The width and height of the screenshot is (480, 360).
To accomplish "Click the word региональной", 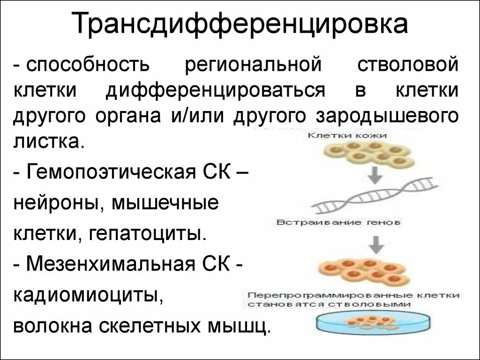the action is pos(254,65).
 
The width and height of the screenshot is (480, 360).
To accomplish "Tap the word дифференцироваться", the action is pos(215,90).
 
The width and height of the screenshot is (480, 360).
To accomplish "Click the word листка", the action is pos(49,141).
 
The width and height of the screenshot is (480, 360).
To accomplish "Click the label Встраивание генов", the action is pos(338,223).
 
